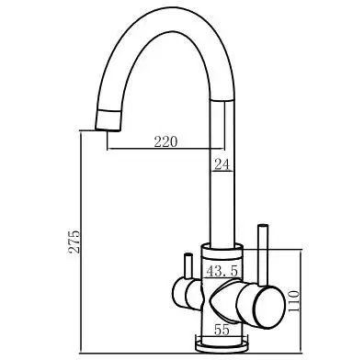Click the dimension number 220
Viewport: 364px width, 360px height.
pos(165,141)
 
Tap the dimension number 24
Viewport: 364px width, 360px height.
pos(222,164)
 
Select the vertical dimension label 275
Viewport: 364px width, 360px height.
pos(74,242)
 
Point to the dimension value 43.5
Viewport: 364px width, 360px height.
pos(222,271)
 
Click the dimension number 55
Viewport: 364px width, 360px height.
pos(222,330)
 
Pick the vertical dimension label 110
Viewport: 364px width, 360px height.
pos(294,301)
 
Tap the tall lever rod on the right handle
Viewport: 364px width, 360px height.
pos(263,255)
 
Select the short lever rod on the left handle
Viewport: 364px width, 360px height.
pos(188,266)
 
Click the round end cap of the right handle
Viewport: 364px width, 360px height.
pos(269,307)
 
